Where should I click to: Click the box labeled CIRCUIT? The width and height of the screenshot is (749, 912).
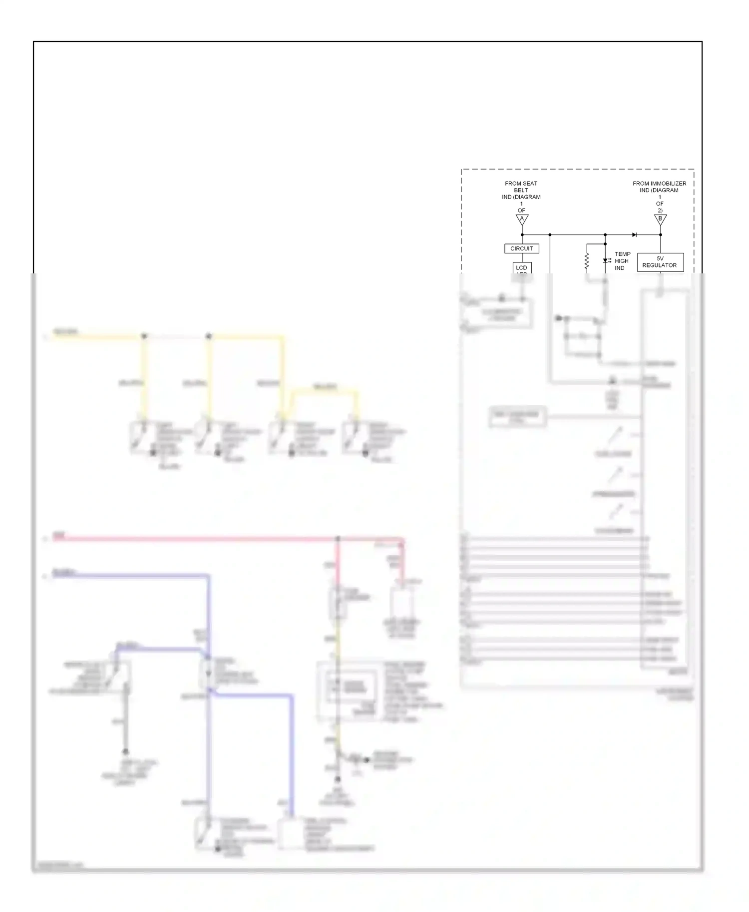521,248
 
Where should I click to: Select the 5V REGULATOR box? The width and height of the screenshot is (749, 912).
660,262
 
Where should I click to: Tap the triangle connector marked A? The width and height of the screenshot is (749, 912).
522,219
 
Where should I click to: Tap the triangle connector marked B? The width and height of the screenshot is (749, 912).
660,219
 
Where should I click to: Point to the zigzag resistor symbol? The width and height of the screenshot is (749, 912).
587,261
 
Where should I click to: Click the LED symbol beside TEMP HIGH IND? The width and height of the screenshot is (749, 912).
606,260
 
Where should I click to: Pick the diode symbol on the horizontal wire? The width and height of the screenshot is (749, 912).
634,234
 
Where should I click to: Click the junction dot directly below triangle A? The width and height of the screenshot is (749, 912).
522,234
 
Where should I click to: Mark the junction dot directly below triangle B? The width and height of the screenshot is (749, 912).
660,234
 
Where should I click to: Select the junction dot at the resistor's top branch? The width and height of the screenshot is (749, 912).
605,244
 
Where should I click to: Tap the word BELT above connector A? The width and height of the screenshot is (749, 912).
521,190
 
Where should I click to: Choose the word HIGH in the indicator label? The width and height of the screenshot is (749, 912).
622,261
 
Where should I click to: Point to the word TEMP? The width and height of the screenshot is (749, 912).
622,254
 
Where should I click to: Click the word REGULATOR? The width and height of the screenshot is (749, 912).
659,265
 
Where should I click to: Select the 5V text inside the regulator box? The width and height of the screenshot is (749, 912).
660,258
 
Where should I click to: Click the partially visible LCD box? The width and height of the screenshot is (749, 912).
522,268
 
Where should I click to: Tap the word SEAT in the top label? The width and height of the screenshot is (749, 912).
530,184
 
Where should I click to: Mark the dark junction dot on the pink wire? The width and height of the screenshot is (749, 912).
338,539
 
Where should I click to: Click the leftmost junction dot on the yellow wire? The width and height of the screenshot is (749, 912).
144,336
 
